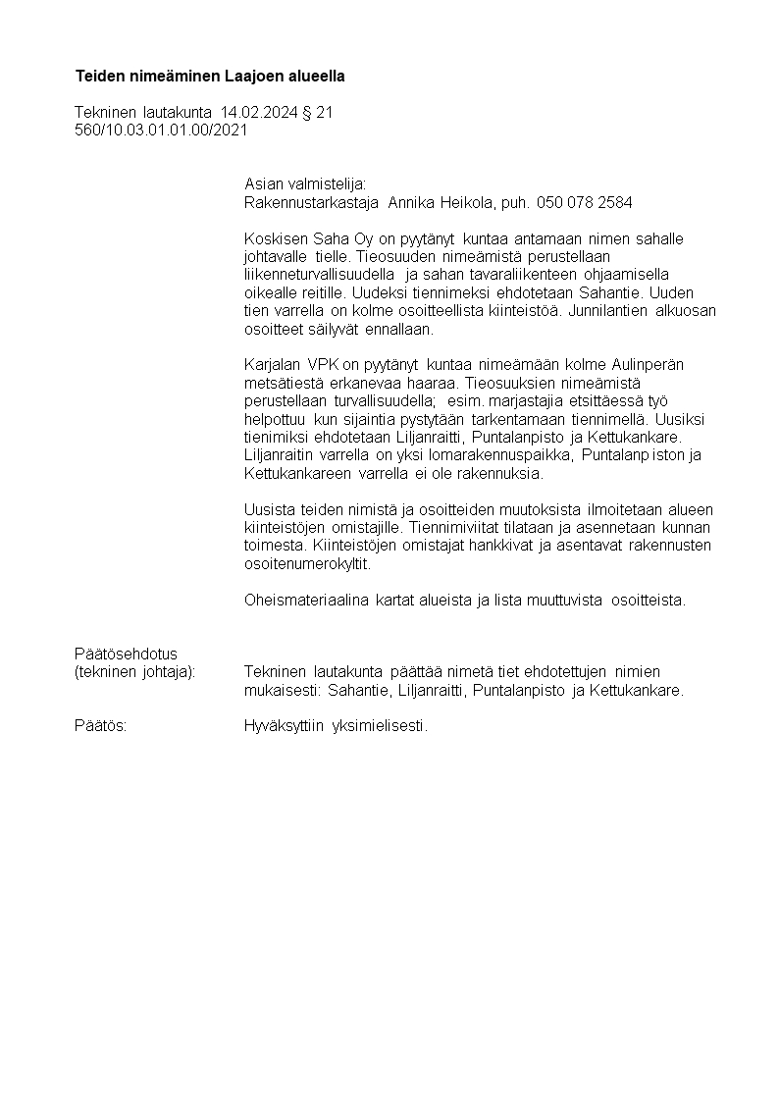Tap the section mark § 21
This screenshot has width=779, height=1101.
point(317,113)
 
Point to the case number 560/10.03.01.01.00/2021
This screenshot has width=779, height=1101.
point(161,129)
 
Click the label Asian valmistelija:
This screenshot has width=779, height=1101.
point(304,183)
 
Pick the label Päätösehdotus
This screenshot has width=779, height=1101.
point(126,654)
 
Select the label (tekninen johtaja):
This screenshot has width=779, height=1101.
point(134,672)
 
